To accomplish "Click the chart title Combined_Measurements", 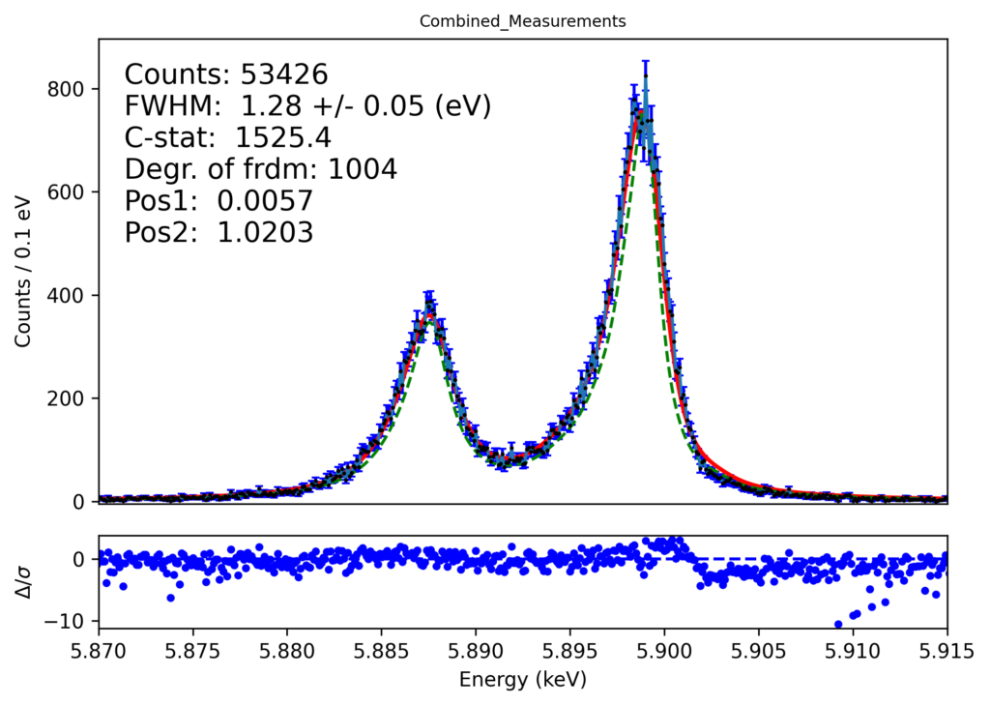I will click(x=522, y=20).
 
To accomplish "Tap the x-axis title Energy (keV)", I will click(x=522, y=680).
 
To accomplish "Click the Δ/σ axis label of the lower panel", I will click(x=23, y=580).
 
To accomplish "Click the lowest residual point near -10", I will click(x=838, y=625).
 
